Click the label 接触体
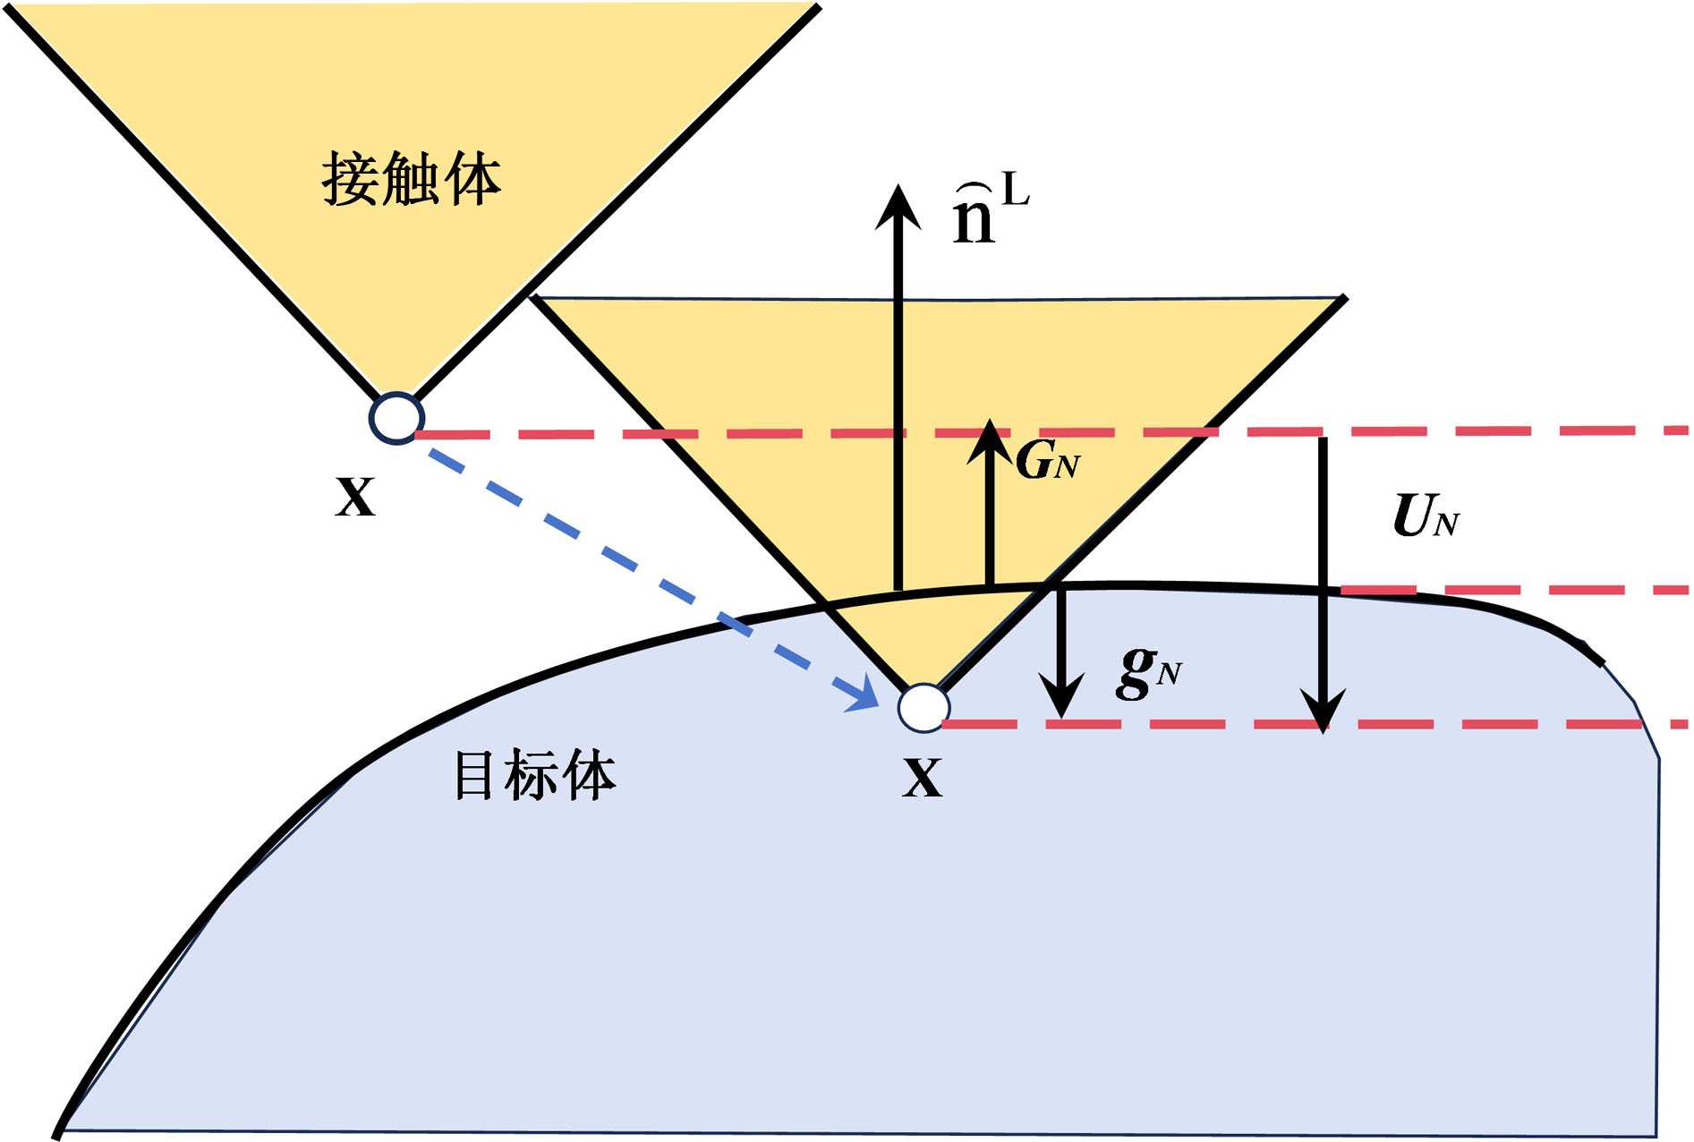click(411, 180)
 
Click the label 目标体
click(534, 775)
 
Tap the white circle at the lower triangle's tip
click(924, 708)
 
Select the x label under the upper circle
click(355, 498)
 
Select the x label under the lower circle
click(922, 778)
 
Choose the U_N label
click(1426, 517)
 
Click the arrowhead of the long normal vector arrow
click(898, 206)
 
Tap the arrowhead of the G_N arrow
click(989, 439)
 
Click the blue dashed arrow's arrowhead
click(865, 696)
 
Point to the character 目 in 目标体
click(474, 775)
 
